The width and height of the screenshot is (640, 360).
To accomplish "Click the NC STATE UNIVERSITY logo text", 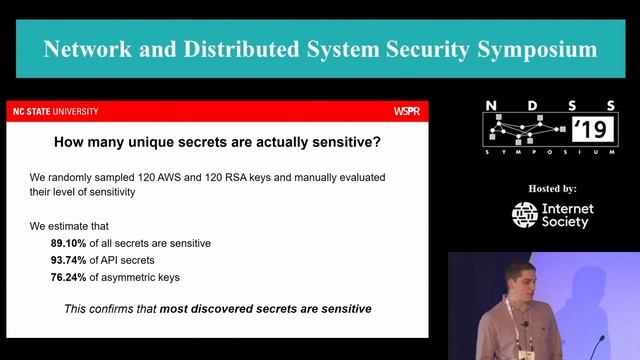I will click(x=55, y=111).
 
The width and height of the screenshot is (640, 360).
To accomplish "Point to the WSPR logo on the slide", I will click(x=407, y=111).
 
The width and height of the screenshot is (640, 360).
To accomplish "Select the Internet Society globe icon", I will click(x=525, y=215).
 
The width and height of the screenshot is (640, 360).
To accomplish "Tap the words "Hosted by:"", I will click(x=552, y=188).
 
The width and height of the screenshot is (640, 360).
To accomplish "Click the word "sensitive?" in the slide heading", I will click(x=344, y=142).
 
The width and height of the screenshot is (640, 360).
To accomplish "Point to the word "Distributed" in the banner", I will click(x=238, y=48).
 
